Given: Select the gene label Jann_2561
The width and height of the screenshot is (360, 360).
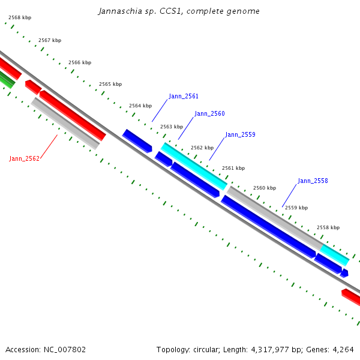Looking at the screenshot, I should (x=184, y=96).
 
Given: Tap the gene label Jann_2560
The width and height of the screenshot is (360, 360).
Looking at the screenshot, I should (x=209, y=113).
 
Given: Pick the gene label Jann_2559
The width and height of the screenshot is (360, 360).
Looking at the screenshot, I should (x=240, y=134).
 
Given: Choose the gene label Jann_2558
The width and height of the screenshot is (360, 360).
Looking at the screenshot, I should (x=313, y=181).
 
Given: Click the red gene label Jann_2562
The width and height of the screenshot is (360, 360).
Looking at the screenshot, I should (x=24, y=158).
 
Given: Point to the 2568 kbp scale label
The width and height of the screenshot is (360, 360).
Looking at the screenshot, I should (x=20, y=17).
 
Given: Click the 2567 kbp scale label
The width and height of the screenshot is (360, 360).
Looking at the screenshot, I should (x=50, y=40).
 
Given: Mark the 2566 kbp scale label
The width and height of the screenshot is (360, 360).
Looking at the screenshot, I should (x=80, y=62).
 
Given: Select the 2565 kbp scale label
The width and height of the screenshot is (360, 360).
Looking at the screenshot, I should (x=110, y=85).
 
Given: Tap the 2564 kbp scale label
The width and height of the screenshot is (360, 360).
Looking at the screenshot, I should (x=140, y=106).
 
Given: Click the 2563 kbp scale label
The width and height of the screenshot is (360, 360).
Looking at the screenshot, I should (x=171, y=127).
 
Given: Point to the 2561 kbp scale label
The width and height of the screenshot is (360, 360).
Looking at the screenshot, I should (x=233, y=169).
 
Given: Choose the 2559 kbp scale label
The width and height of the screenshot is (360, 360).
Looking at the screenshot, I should (x=296, y=208).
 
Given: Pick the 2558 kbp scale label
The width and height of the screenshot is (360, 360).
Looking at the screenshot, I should (x=328, y=227).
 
